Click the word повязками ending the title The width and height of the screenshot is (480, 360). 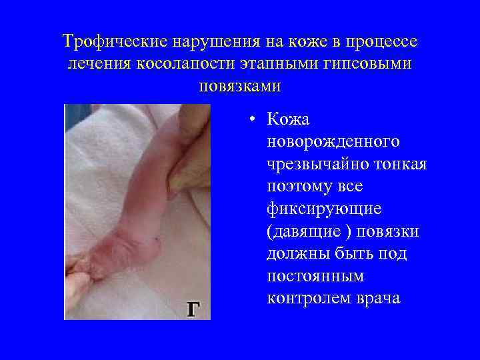240,86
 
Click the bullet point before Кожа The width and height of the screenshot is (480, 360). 249,121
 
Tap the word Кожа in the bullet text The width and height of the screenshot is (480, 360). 288,120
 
